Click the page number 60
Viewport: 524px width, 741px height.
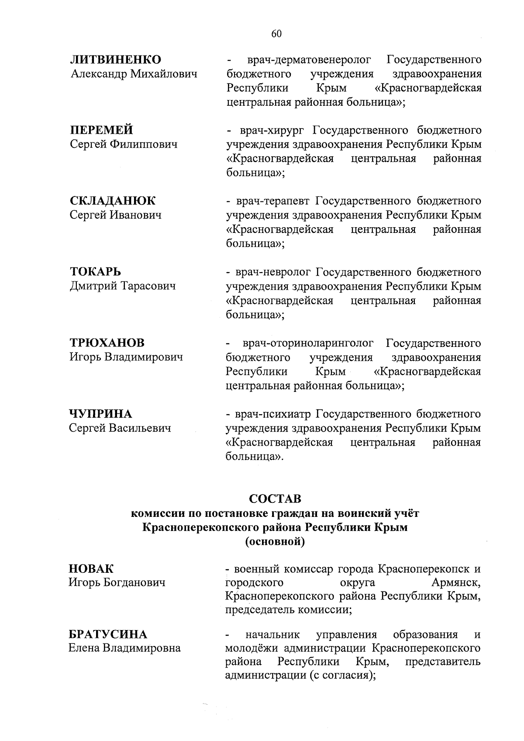tap(276, 35)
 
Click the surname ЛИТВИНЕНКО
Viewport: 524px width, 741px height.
tap(116, 59)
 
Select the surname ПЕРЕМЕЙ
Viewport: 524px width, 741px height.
tap(102, 130)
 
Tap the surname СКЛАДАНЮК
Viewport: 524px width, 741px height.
tap(112, 201)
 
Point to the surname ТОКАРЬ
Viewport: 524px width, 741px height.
tap(95, 272)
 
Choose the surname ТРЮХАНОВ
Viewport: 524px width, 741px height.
tap(107, 343)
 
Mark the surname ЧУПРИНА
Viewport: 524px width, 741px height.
tap(100, 413)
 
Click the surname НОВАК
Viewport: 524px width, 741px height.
tap(91, 569)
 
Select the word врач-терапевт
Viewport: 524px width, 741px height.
tap(273, 201)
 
